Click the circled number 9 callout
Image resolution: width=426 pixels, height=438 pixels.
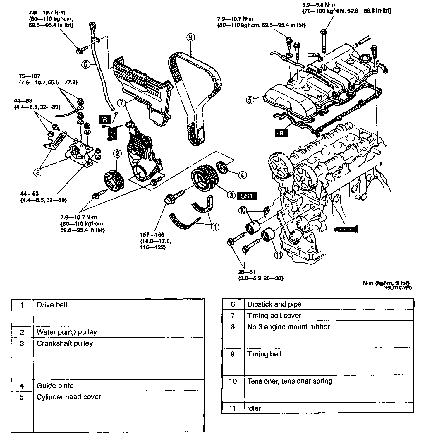coord(190,37)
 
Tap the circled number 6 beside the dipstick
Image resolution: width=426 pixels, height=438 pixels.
coord(85,64)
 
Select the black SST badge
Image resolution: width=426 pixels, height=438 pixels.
coord(247,196)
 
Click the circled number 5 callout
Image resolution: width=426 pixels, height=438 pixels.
coord(250,100)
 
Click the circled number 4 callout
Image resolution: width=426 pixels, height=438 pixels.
coord(242,175)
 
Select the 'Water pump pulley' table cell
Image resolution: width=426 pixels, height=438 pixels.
coord(67,332)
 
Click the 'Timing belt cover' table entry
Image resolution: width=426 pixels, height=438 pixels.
coord(274,315)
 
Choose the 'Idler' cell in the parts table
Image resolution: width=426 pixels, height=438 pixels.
coord(254,408)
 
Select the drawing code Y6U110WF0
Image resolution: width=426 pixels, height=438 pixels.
coord(398,288)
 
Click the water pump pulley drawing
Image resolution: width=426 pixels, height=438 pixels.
coord(114,179)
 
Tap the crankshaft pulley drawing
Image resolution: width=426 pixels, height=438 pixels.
coord(204,179)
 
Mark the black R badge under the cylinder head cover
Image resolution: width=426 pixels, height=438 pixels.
coord(281,134)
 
